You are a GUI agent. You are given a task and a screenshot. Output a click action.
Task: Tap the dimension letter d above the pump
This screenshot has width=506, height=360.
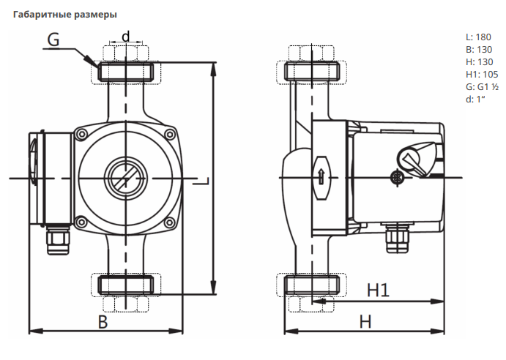click(x=125, y=36)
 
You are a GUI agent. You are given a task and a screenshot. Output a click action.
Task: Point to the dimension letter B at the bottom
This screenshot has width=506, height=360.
click(x=103, y=321)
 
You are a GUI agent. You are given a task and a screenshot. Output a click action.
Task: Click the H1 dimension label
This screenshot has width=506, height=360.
click(x=377, y=290)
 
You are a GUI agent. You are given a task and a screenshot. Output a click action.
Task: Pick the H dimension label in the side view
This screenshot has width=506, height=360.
click(x=365, y=321)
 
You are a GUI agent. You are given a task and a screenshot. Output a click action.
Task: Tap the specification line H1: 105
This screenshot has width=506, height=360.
click(x=481, y=74)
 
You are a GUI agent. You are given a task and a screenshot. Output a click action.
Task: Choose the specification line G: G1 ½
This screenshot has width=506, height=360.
click(x=483, y=86)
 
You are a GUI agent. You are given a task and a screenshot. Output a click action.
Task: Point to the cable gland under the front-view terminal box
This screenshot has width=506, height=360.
click(x=58, y=240)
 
